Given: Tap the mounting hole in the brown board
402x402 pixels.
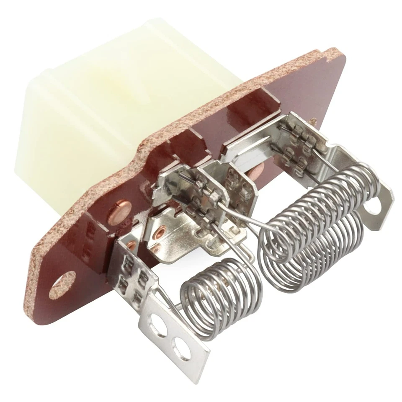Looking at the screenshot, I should click(x=62, y=285).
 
